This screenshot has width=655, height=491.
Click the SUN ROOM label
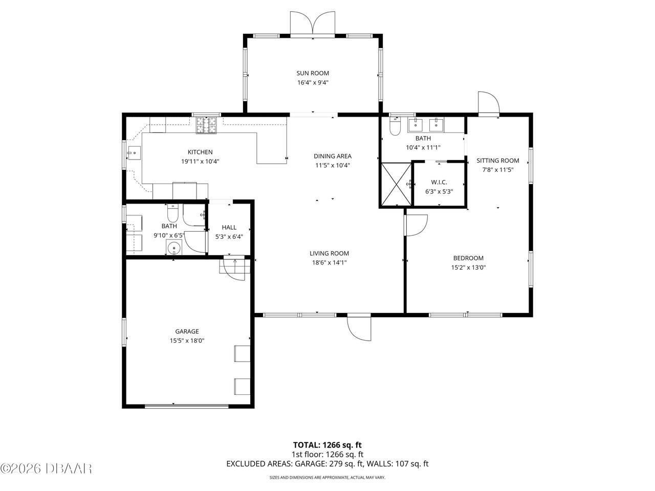[313, 73]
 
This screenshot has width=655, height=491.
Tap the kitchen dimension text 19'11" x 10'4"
[200, 162]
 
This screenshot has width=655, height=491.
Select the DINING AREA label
[333, 156]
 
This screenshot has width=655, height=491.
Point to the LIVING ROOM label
[329, 253]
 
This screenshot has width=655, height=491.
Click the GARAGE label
[187, 331]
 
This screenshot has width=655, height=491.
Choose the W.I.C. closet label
[439, 182]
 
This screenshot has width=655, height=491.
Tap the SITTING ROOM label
[498, 161]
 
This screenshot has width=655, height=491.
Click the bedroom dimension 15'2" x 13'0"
[468, 267]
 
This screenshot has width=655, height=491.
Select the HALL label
[229, 227]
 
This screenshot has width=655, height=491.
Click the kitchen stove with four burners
[206, 125]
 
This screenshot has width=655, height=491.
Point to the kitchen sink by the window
[134, 153]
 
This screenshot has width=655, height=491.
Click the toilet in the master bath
[395, 126]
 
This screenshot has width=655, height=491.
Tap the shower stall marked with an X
[396, 184]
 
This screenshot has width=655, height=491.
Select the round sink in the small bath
[173, 248]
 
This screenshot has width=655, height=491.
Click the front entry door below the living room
[359, 328]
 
